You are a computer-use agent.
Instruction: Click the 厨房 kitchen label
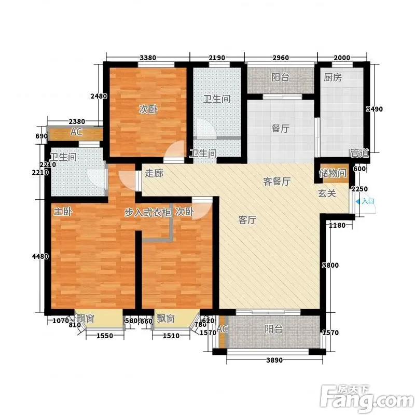(333, 77)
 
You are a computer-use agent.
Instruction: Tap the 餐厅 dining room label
(280, 128)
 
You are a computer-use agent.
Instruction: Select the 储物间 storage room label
(333, 173)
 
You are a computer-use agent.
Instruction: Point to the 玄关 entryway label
(327, 193)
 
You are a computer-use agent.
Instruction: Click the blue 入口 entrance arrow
(357, 202)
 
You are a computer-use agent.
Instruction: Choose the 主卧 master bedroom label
(63, 212)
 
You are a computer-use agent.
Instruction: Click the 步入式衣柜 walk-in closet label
(148, 212)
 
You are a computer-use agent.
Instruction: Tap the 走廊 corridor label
(154, 173)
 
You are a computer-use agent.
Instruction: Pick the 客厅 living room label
(247, 219)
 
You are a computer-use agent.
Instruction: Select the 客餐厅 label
(277, 181)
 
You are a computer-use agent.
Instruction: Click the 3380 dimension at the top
(148, 58)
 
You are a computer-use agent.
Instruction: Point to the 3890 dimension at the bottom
(274, 360)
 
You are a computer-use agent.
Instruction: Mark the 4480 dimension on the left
(40, 256)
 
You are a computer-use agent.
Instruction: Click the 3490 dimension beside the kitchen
(374, 109)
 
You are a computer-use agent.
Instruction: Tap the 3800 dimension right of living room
(330, 265)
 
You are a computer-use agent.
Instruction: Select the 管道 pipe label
(359, 153)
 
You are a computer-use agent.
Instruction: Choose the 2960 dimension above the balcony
(281, 58)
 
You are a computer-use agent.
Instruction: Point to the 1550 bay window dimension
(105, 336)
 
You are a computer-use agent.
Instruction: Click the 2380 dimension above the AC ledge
(77, 121)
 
